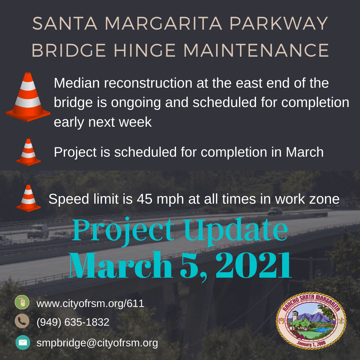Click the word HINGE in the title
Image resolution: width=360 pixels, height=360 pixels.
[x=145, y=50]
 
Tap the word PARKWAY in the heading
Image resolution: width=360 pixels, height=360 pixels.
[x=279, y=23]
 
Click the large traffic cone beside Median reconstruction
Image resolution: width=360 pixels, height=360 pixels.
[x=28, y=97]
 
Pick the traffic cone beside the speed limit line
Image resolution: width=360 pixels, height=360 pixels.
[x=28, y=198]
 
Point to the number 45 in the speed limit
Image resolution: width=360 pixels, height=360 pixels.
[x=144, y=199]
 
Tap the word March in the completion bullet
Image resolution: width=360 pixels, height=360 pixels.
[x=305, y=152]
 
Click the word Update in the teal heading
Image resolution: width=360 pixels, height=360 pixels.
[x=236, y=230]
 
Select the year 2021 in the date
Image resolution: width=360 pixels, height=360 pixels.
[x=253, y=265]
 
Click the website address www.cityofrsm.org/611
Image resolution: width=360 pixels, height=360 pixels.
[x=90, y=304]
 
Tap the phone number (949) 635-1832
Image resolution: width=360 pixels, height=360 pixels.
[x=73, y=322]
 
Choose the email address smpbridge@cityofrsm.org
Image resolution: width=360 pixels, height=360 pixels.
[x=97, y=343]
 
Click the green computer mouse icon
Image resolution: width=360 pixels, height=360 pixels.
[x=22, y=302]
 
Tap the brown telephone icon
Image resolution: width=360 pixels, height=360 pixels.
[x=22, y=321]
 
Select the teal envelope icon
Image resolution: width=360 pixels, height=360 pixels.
[x=23, y=342]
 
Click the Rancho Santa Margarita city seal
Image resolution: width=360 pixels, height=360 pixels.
[x=311, y=321]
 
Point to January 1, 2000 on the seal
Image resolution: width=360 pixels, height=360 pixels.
[x=311, y=344]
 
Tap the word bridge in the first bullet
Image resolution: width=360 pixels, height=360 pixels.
[x=73, y=103]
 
